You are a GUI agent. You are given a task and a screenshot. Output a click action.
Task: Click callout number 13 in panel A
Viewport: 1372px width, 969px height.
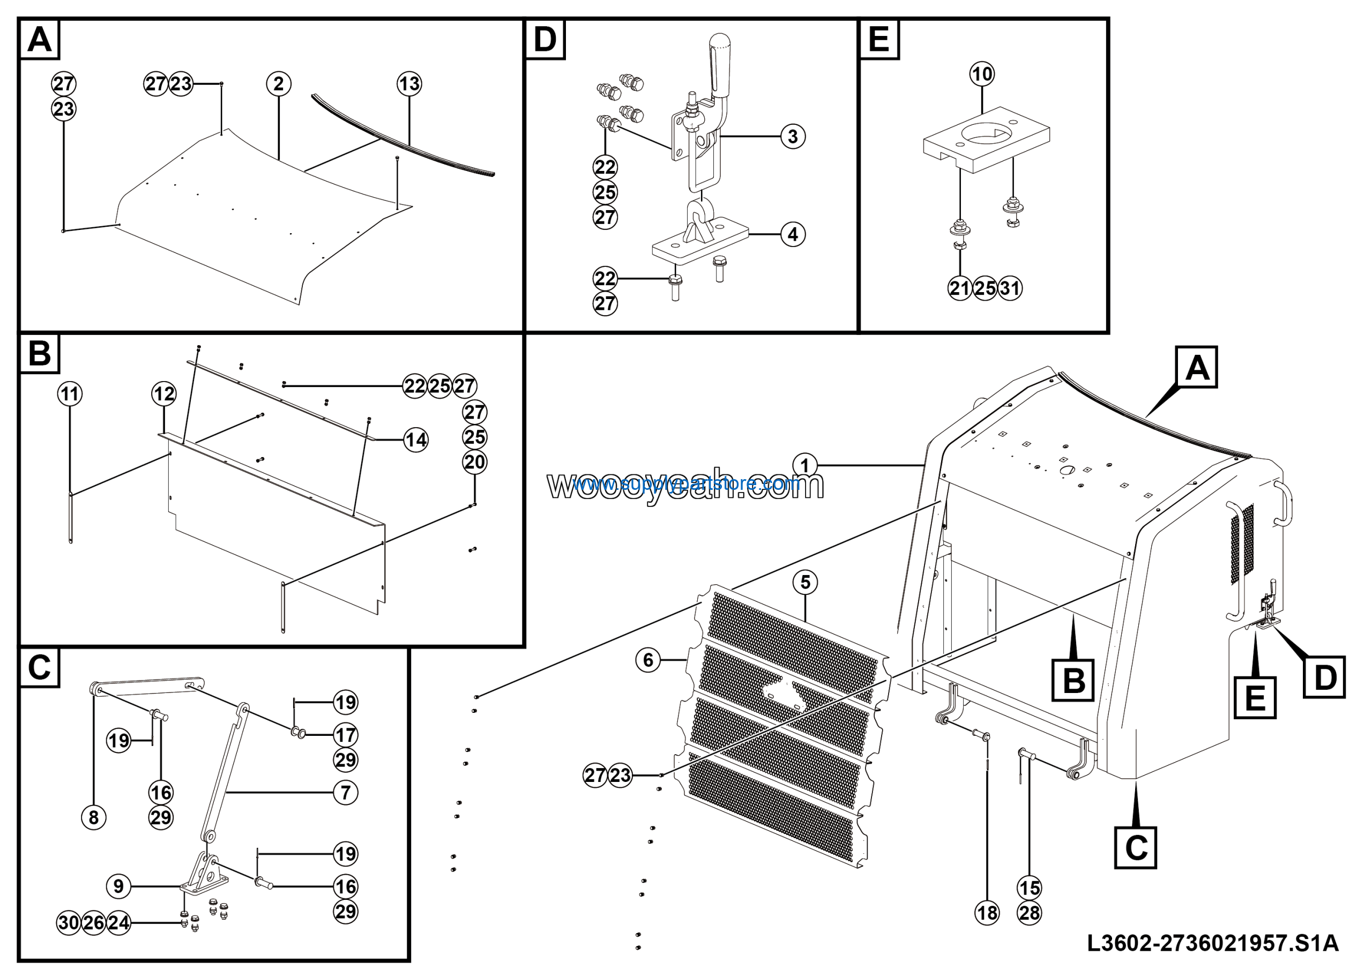click(409, 84)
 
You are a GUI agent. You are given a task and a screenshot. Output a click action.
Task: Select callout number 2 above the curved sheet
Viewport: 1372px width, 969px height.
click(279, 84)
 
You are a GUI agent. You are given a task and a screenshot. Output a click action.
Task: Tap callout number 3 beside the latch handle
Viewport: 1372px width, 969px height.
click(793, 136)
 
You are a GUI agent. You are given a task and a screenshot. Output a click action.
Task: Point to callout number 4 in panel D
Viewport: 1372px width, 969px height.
click(793, 234)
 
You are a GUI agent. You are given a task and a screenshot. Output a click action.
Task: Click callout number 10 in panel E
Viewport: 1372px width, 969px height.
click(982, 74)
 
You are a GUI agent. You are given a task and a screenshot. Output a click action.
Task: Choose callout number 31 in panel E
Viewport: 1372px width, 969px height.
click(1010, 288)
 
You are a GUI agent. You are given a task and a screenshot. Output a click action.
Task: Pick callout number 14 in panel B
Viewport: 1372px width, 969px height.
click(416, 441)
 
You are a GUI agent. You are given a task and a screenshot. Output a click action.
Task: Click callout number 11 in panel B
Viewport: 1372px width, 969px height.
click(70, 394)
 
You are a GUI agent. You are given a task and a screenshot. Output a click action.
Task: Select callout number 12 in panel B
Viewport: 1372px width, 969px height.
click(164, 394)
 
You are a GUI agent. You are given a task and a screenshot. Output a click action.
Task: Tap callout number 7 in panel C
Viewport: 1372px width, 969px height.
click(345, 793)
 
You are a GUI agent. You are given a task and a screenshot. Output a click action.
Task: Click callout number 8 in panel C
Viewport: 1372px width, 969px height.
click(94, 817)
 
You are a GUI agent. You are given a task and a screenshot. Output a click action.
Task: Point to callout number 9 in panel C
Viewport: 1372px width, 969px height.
click(118, 886)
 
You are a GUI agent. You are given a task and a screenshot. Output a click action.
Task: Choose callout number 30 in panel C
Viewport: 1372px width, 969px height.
click(69, 922)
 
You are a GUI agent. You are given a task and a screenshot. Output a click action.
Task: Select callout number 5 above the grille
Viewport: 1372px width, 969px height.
click(805, 582)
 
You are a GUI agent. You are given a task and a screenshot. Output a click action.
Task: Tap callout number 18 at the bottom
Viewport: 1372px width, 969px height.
click(987, 913)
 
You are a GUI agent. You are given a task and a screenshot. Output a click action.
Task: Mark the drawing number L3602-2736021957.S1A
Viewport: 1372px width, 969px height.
click(1212, 944)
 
